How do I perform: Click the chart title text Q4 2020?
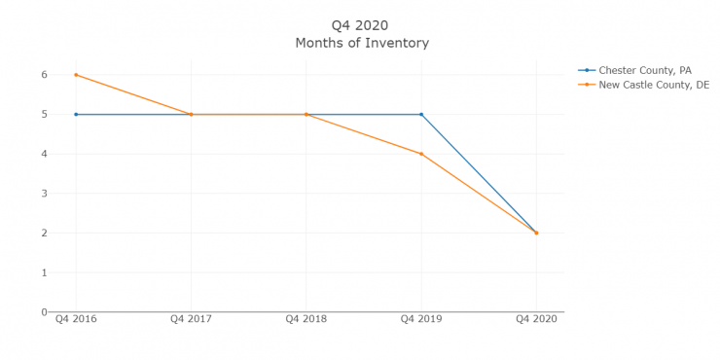click(361, 25)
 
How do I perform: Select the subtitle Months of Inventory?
click(361, 44)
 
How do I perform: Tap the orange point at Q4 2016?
click(76, 75)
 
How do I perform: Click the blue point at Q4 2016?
click(76, 115)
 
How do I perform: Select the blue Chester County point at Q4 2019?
click(421, 115)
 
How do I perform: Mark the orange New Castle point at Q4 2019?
click(421, 154)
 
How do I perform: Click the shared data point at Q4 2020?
click(536, 233)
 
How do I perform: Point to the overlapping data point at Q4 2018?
click(306, 115)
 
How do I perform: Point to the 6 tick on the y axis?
click(44, 75)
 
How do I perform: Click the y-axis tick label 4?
click(44, 154)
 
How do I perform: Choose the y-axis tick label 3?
click(44, 194)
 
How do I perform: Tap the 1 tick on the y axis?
click(44, 272)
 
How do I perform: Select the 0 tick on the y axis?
click(44, 312)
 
